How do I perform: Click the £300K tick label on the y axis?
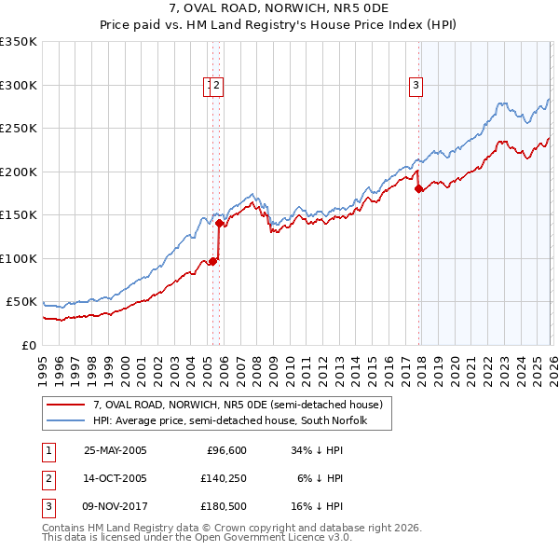tap(19, 85)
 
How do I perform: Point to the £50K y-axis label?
tap(21, 302)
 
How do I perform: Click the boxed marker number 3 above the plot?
tap(416, 86)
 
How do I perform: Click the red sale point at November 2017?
tap(418, 188)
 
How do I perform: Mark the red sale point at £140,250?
tap(219, 223)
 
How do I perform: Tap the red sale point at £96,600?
tap(212, 261)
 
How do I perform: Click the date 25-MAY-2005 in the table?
tap(116, 450)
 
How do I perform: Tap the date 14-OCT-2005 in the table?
tap(116, 478)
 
